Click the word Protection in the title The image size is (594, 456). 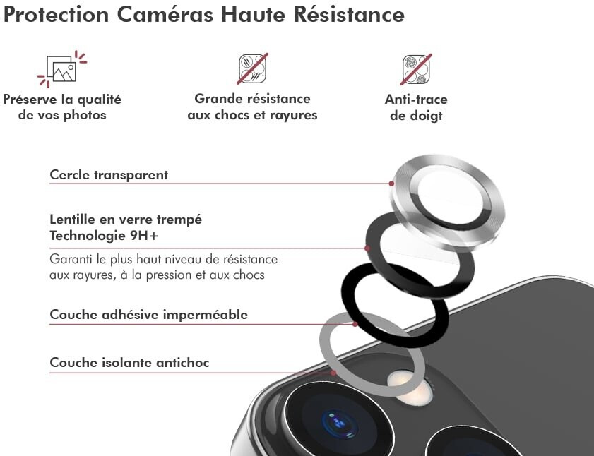(x=56, y=14)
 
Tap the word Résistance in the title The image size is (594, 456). (x=349, y=14)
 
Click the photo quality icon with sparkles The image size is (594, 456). (x=62, y=69)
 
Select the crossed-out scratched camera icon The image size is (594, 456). (x=253, y=68)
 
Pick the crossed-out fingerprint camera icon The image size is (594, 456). (x=416, y=69)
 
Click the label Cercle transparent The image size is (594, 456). (x=109, y=175)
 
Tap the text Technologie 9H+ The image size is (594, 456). (x=104, y=236)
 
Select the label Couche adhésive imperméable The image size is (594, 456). (x=148, y=314)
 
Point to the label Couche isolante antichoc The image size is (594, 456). (x=129, y=362)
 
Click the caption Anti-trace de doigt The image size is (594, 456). (x=416, y=107)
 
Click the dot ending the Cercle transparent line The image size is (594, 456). (x=391, y=184)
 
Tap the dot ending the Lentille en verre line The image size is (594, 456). (x=367, y=248)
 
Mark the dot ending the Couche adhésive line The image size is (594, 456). (x=355, y=324)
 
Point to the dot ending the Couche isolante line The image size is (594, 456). (x=333, y=373)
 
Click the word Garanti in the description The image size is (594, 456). (x=71, y=260)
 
